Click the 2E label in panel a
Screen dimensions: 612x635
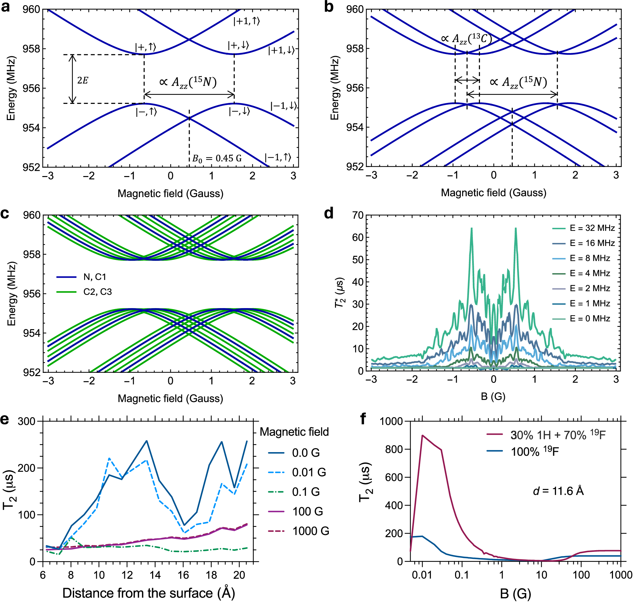click(83, 80)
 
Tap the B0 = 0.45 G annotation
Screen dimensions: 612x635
click(217, 159)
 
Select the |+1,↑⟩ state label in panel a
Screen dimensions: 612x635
click(247, 21)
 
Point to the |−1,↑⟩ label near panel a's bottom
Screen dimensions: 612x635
click(278, 158)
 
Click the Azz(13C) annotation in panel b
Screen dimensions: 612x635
click(466, 39)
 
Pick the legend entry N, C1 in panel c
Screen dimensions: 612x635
click(95, 277)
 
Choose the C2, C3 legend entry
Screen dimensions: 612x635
click(97, 292)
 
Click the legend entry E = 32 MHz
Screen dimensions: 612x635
click(592, 228)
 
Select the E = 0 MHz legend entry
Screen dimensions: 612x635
click(590, 319)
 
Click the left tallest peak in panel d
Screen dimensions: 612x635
click(471, 229)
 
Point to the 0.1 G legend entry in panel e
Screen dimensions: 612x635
click(306, 492)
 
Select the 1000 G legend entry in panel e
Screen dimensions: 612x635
click(310, 531)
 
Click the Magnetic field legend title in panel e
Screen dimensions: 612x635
click(294, 432)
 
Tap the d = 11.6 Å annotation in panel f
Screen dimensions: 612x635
click(558, 491)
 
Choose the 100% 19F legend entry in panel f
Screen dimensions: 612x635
click(535, 451)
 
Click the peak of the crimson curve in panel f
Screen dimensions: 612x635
click(422, 436)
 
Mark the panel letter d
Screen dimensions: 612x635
click(329, 214)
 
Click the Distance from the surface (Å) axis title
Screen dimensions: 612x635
click(148, 593)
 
